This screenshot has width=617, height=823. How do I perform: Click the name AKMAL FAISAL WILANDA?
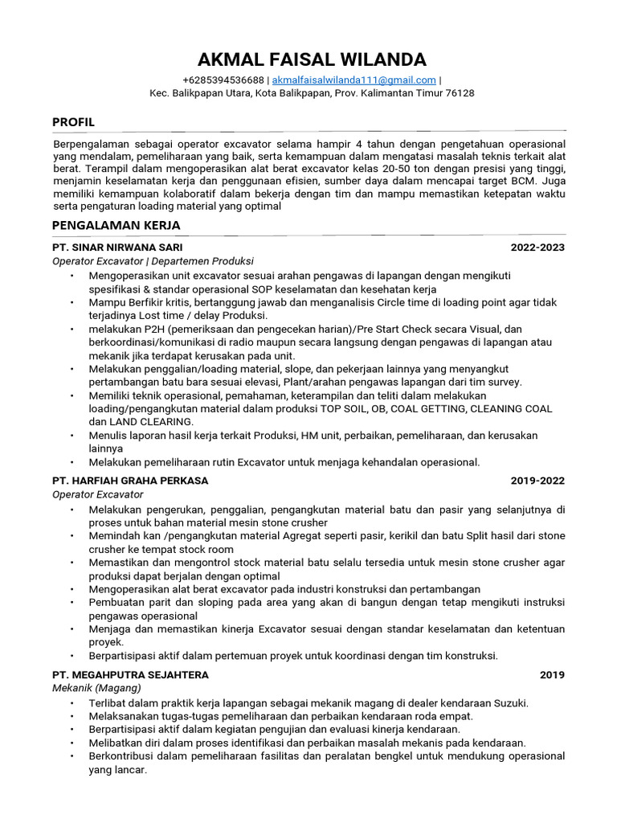pos(312,59)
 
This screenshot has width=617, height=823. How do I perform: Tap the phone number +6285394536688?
pos(223,80)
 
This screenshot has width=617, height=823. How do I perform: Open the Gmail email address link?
pos(354,80)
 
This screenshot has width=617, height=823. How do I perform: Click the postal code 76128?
pos(460,93)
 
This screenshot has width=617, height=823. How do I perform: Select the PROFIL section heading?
pos(73,122)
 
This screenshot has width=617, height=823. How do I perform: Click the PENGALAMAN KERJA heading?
pos(116,225)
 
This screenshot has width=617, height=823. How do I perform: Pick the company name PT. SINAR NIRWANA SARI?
pos(123,248)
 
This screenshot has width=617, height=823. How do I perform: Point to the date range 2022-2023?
pos(537,248)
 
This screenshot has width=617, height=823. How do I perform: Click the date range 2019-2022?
pos(537,481)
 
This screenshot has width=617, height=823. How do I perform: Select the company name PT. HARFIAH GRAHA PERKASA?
pos(130,481)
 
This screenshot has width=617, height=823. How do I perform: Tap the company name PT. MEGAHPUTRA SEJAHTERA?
pos(130,674)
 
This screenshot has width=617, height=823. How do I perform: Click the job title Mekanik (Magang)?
pos(96,688)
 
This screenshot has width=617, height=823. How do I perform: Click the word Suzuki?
pos(509,702)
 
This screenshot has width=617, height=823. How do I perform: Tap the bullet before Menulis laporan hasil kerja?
pos(72,436)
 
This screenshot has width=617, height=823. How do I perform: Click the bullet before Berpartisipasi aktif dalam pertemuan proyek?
pos(72,656)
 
